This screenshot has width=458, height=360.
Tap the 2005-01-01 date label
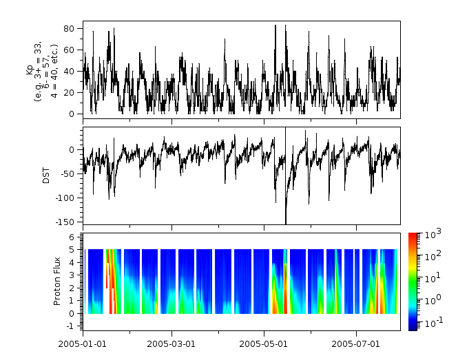tap(83, 343)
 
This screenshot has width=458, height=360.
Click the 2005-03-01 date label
tap(173, 343)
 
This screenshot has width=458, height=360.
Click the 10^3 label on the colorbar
tap(430, 233)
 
